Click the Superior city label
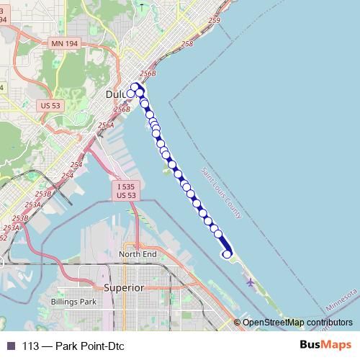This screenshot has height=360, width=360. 125,287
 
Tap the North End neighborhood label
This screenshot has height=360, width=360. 138,254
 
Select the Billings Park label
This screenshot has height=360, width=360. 73,302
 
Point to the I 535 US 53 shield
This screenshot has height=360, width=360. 126,190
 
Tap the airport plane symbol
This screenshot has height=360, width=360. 250,282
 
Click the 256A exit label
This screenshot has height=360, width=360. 106,125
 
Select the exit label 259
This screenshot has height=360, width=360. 213,21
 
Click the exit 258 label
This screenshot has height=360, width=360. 187,45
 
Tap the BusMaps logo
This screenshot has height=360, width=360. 325,345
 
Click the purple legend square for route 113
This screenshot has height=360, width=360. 10,345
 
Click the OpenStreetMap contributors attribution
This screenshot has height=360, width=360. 297,322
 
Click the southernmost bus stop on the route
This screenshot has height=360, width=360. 227,253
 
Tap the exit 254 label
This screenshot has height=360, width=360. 68,176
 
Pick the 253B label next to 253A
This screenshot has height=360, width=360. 42,194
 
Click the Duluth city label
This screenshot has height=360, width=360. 116,94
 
